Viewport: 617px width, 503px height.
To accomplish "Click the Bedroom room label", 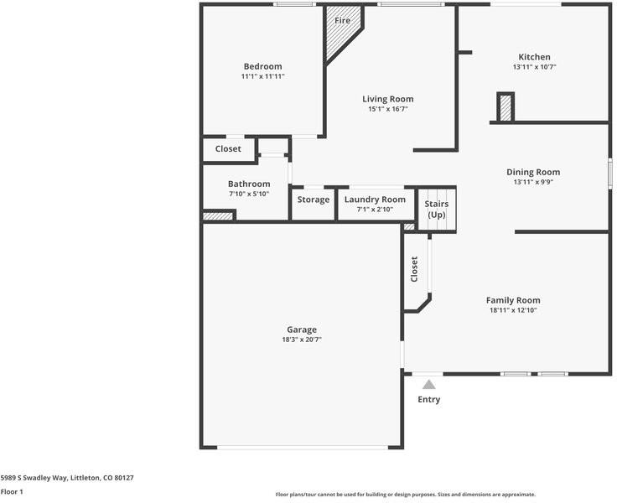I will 262,66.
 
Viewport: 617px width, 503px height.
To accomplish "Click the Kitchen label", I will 534,57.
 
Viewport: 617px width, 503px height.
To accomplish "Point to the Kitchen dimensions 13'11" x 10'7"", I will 534,67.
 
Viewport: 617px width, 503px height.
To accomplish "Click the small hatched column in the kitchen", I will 505,107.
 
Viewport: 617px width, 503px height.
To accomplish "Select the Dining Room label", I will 533,172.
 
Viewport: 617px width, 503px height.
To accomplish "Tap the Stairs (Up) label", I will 437,210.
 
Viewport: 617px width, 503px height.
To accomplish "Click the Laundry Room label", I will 375,200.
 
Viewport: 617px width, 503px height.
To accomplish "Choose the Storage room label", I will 314,200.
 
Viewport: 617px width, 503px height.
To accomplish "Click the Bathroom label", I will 249,184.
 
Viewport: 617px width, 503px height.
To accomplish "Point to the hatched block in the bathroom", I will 217,216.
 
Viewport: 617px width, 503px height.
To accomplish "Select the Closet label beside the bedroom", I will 228,148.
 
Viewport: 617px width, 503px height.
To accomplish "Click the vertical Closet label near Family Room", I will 414,269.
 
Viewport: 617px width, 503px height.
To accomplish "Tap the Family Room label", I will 513,300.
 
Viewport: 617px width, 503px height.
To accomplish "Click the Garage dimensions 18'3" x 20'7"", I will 302,340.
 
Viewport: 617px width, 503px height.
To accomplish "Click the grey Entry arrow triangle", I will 428,385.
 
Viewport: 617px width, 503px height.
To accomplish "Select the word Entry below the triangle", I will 428,400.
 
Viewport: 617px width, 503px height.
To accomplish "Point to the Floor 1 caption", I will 12,492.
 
